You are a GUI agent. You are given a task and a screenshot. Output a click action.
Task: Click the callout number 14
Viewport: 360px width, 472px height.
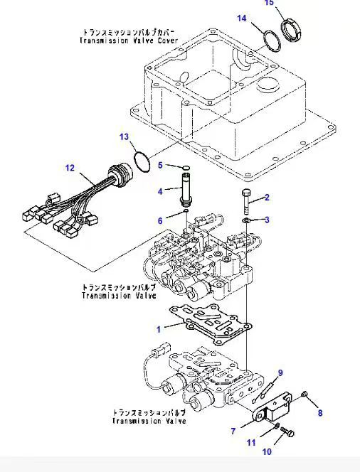242,18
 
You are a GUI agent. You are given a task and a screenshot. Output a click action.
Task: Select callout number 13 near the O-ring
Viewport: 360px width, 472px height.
124,136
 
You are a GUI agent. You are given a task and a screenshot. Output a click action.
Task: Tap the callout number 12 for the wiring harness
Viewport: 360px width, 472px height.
70,168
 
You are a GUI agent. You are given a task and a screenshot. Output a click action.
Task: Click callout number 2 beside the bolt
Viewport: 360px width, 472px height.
267,198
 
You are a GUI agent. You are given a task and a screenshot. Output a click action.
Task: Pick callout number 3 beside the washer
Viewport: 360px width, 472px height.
267,220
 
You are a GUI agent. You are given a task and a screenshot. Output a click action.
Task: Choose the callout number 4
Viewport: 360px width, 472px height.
161,191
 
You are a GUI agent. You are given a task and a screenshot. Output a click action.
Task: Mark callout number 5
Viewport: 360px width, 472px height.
161,166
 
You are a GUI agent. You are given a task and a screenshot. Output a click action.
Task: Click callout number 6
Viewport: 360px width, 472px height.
161,220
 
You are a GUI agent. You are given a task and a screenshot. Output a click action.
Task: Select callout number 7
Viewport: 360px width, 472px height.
233,431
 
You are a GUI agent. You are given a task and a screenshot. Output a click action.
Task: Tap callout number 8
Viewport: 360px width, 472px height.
319,413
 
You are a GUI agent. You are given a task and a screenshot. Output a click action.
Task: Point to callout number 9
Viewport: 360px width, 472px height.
280,373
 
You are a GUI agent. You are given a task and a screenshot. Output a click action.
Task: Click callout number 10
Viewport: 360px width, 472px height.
267,451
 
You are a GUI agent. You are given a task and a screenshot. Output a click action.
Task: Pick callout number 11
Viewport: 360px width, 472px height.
250,442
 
